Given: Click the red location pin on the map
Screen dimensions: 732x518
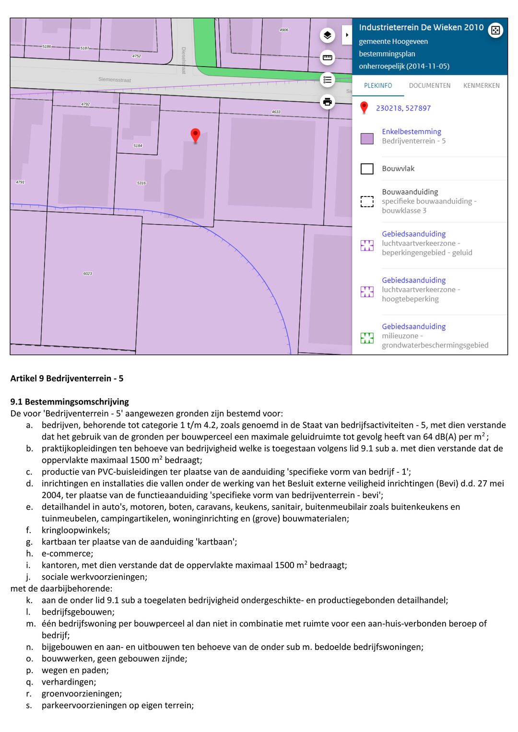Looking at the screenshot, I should click(195, 135).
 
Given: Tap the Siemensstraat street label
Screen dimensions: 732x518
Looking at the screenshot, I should click(115, 80).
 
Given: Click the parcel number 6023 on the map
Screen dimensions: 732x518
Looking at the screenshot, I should click(87, 274).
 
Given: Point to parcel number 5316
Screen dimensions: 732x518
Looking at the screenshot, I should click(141, 183).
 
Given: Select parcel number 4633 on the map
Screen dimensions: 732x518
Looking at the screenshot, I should click(276, 112).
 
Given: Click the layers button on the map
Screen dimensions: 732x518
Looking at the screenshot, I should click(327, 35).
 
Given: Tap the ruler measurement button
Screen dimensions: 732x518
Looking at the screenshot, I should click(327, 58).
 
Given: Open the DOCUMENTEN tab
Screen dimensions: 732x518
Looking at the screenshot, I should click(429, 86).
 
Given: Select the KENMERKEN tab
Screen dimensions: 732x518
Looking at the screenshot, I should click(481, 86).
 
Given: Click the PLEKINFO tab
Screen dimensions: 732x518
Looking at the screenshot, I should click(378, 86).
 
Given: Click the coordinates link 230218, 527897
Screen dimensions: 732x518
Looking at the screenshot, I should click(403, 108).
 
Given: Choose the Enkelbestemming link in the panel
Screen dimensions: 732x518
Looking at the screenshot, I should click(412, 131).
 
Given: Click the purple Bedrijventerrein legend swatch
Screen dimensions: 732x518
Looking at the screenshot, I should click(367, 139).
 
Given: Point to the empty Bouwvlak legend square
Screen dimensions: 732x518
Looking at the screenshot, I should click(367, 169).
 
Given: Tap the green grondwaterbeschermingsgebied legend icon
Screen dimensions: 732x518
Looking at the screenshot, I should click(367, 338).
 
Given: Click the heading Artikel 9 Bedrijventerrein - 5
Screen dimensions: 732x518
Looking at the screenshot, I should click(67, 378).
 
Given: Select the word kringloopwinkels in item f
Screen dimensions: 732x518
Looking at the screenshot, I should click(75, 530).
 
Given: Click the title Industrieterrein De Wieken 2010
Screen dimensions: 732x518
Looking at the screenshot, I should click(421, 28).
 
